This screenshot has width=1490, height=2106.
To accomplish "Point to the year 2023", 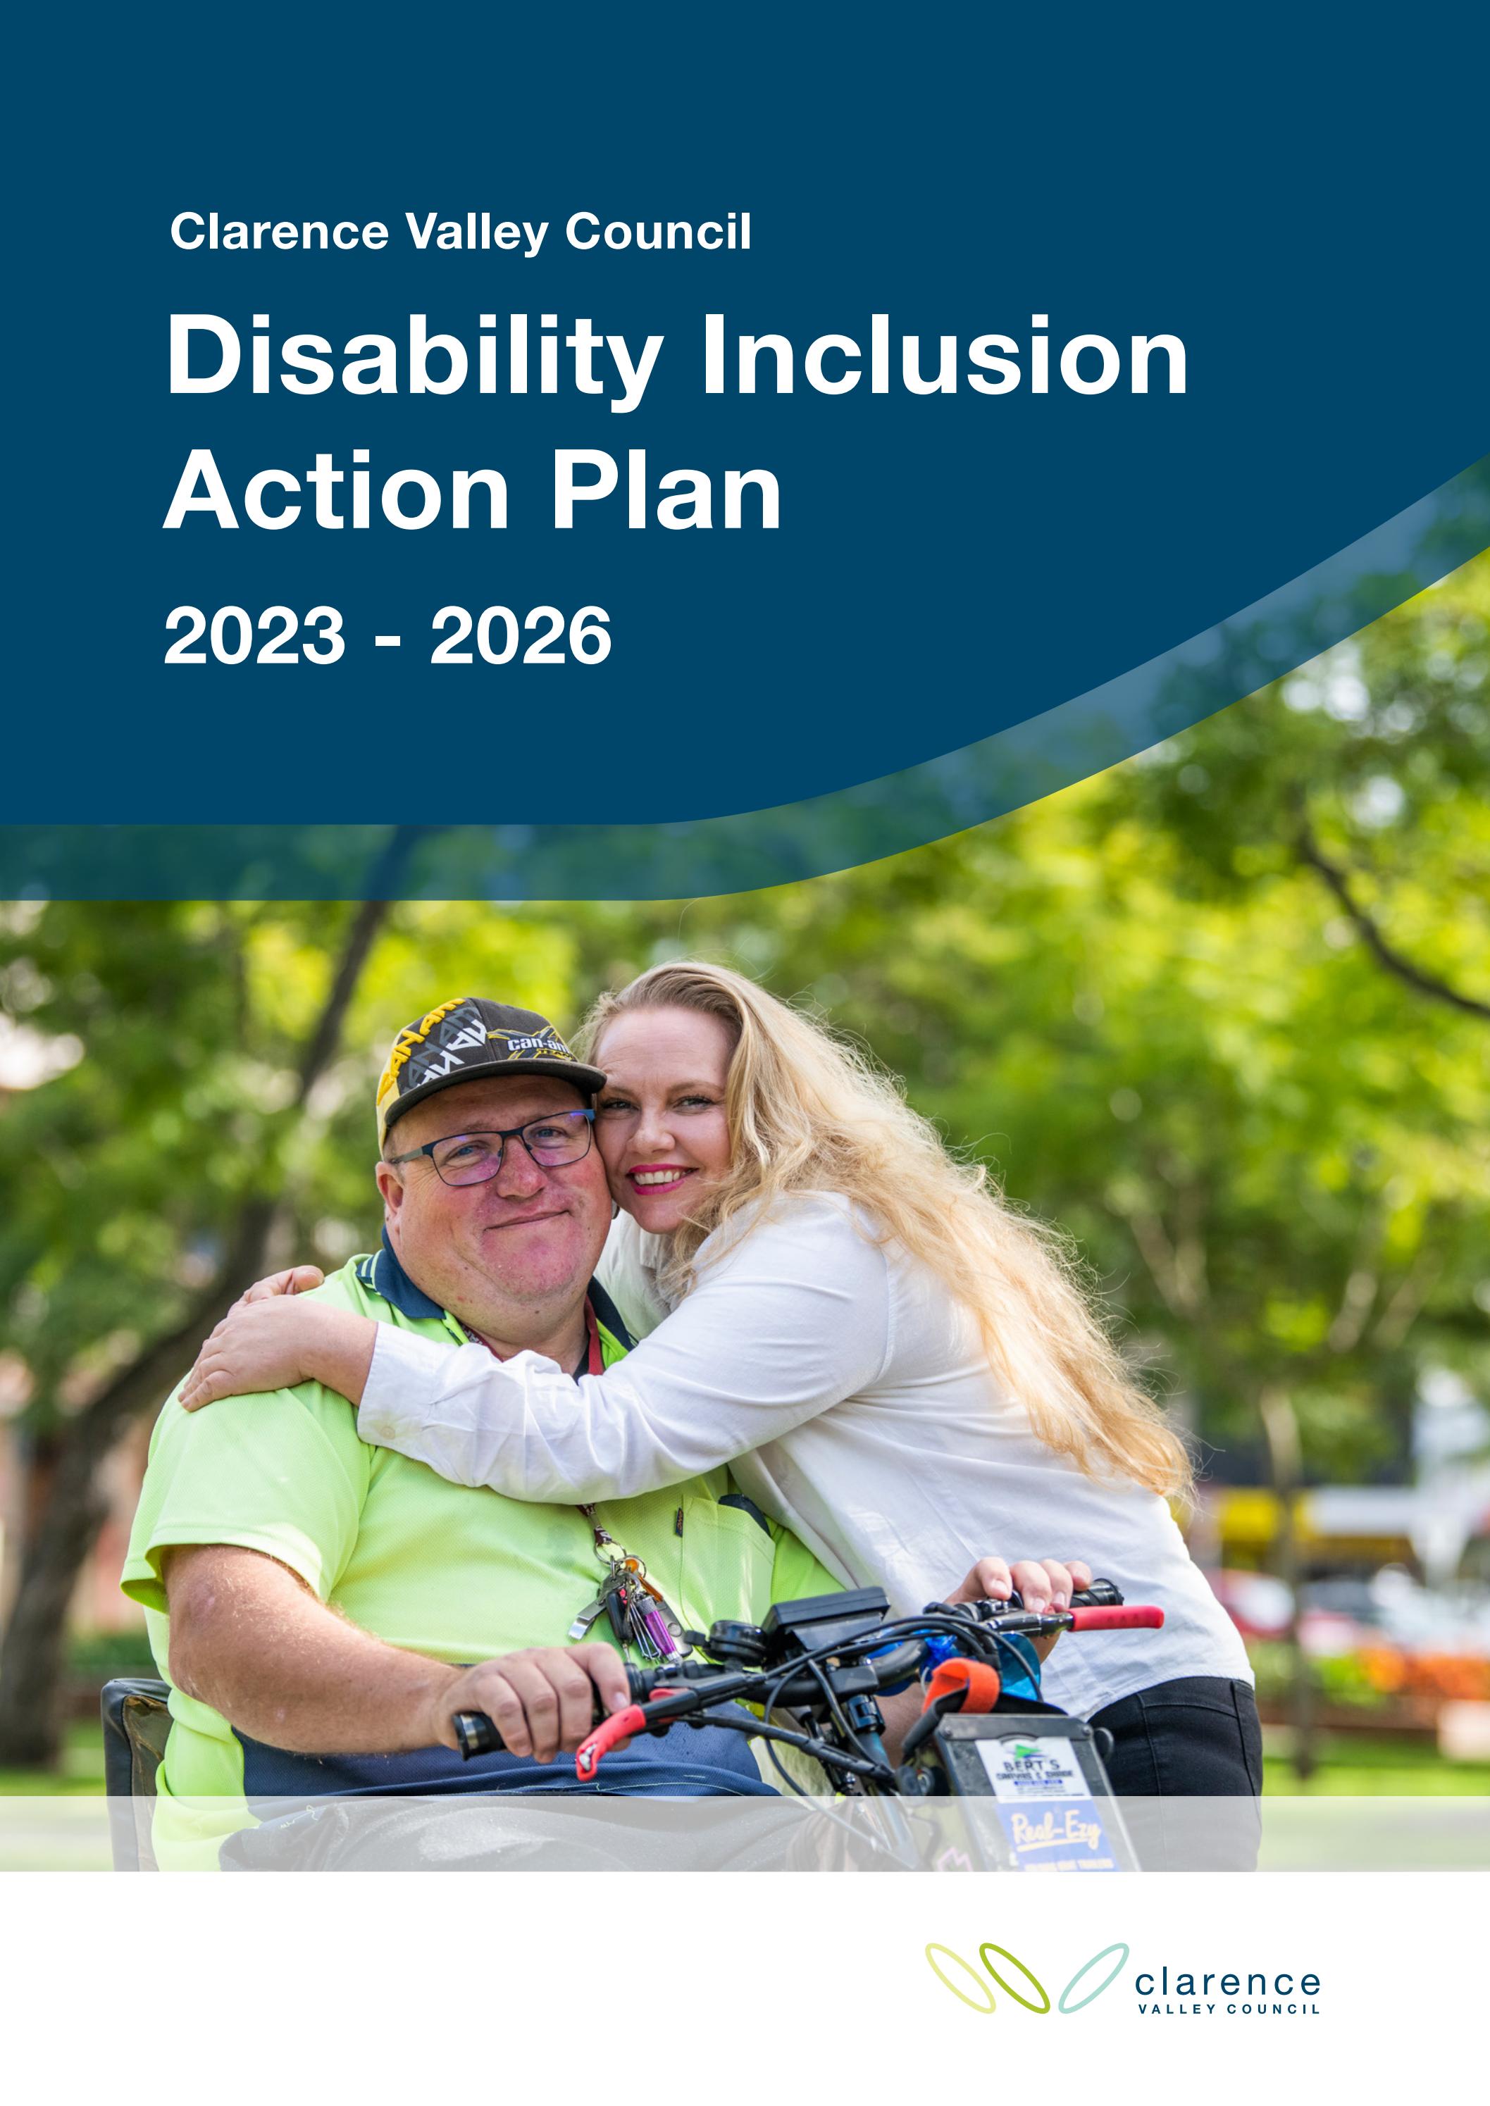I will click(x=254, y=637).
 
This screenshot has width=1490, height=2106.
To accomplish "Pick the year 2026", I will click(x=520, y=637).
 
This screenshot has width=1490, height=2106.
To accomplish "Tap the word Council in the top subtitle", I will click(x=658, y=231).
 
